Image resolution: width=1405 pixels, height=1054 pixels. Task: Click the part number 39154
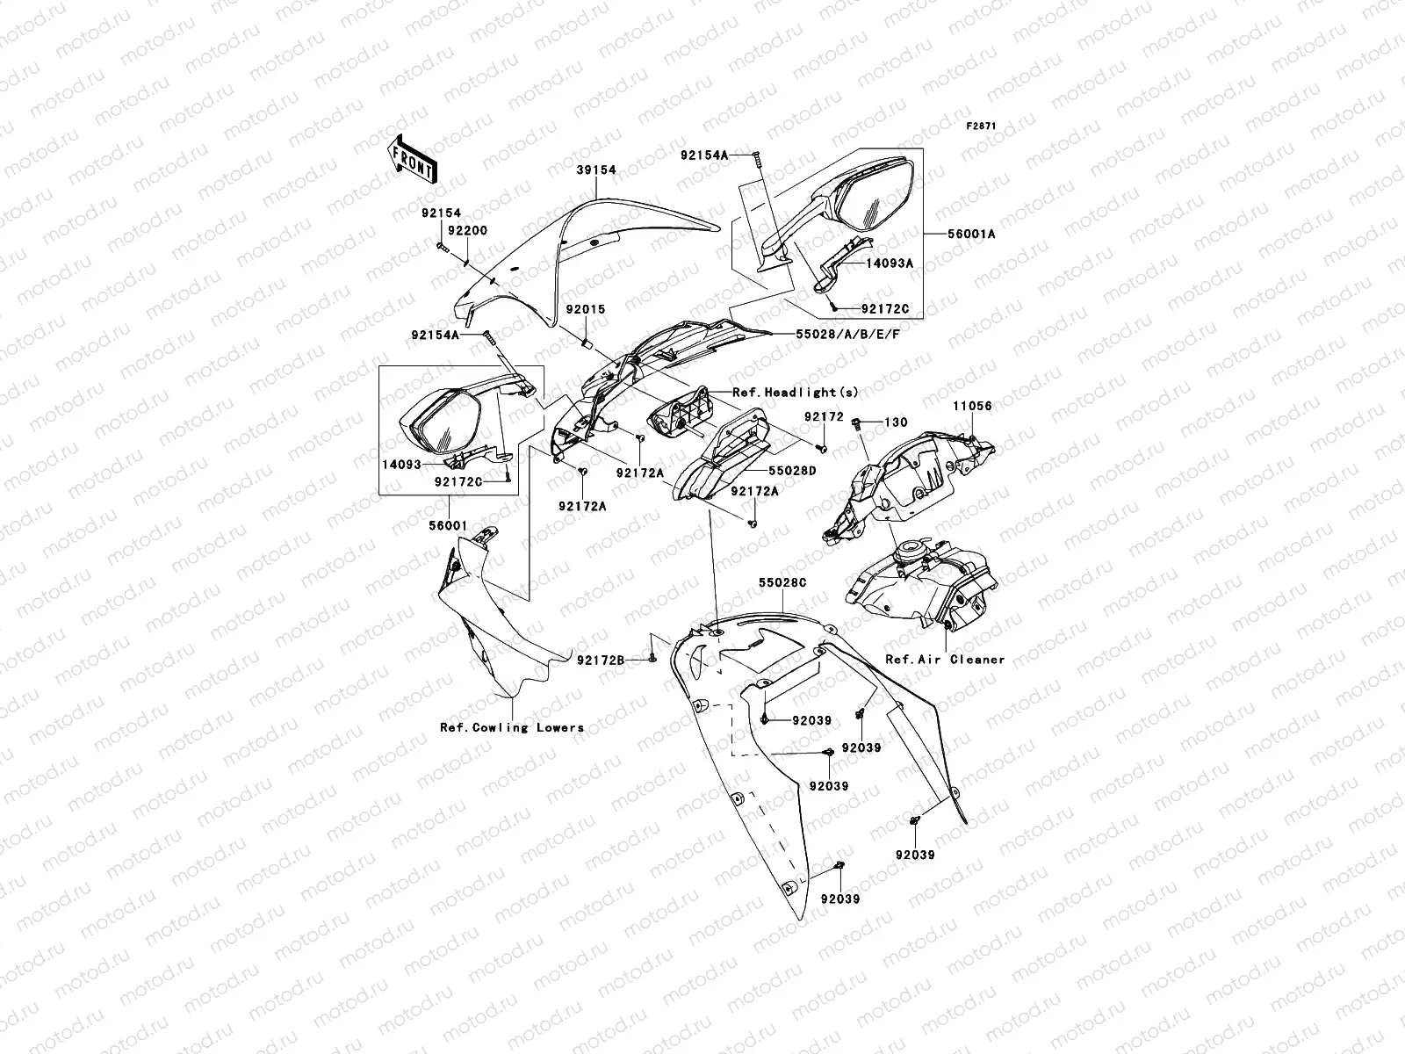tap(596, 170)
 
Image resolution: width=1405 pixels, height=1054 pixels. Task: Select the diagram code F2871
tap(982, 126)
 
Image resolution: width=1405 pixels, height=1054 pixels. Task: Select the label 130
tap(896, 423)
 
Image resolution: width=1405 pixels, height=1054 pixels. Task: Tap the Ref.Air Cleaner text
tap(945, 659)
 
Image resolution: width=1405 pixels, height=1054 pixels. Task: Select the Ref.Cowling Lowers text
tap(512, 727)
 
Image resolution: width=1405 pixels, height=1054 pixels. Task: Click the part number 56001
tap(448, 525)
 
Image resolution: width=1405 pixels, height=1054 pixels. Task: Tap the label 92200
tap(467, 230)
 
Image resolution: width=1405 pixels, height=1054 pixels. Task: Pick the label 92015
tap(585, 310)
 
